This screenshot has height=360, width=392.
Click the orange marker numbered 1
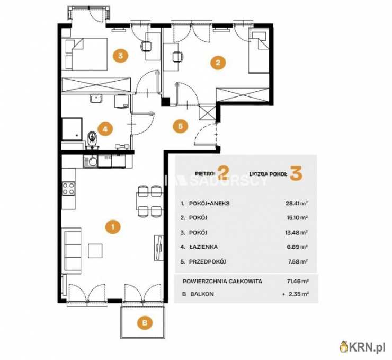[113, 227]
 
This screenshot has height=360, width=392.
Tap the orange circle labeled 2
[218, 62]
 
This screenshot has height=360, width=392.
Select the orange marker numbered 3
[120, 55]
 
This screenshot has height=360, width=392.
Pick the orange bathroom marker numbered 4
[105, 129]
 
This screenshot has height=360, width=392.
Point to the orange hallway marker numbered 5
[180, 126]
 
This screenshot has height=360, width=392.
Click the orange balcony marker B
[145, 322]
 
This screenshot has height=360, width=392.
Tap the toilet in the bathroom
[93, 139]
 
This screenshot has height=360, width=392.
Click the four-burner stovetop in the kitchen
[68, 189]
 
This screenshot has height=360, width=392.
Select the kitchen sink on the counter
[91, 162]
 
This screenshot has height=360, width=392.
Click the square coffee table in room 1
[95, 251]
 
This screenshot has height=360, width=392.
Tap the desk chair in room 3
[146, 46]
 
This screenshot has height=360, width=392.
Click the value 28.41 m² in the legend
[297, 203]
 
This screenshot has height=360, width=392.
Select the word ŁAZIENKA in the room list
[203, 247]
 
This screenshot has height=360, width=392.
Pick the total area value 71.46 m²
[298, 281]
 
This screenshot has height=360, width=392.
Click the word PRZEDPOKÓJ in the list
[208, 262]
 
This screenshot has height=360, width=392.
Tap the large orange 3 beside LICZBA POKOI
[296, 173]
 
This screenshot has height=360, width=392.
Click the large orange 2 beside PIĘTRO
[223, 173]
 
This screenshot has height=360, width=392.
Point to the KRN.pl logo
[362, 347]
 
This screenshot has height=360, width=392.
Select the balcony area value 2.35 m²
[298, 294]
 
